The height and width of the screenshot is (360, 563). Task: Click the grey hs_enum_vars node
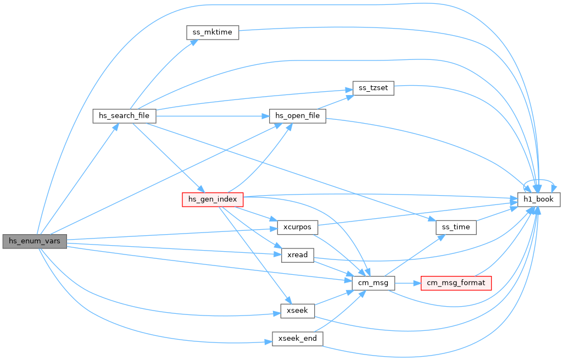click(35, 241)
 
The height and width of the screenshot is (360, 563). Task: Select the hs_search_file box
click(124, 116)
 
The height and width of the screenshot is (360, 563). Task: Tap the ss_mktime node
click(213, 32)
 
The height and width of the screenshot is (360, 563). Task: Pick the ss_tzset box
click(374, 88)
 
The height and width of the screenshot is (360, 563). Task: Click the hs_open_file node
click(298, 116)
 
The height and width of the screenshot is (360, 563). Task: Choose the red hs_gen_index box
click(213, 200)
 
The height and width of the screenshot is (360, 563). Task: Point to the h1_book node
click(539, 200)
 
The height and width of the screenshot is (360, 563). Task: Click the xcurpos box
click(298, 228)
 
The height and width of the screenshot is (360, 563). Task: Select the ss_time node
click(456, 228)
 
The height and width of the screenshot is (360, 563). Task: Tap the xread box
click(298, 255)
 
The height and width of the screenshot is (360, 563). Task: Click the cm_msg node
click(374, 283)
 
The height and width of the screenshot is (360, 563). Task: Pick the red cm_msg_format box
click(456, 283)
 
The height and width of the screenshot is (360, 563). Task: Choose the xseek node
click(298, 311)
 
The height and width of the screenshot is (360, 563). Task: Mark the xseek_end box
click(298, 339)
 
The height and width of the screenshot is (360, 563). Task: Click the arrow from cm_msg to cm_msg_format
click(408, 283)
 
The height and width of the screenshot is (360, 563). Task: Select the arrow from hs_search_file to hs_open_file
click(213, 116)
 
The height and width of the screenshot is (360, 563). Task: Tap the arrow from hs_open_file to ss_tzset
click(336, 102)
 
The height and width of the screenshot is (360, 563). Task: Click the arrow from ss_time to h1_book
click(497, 213)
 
